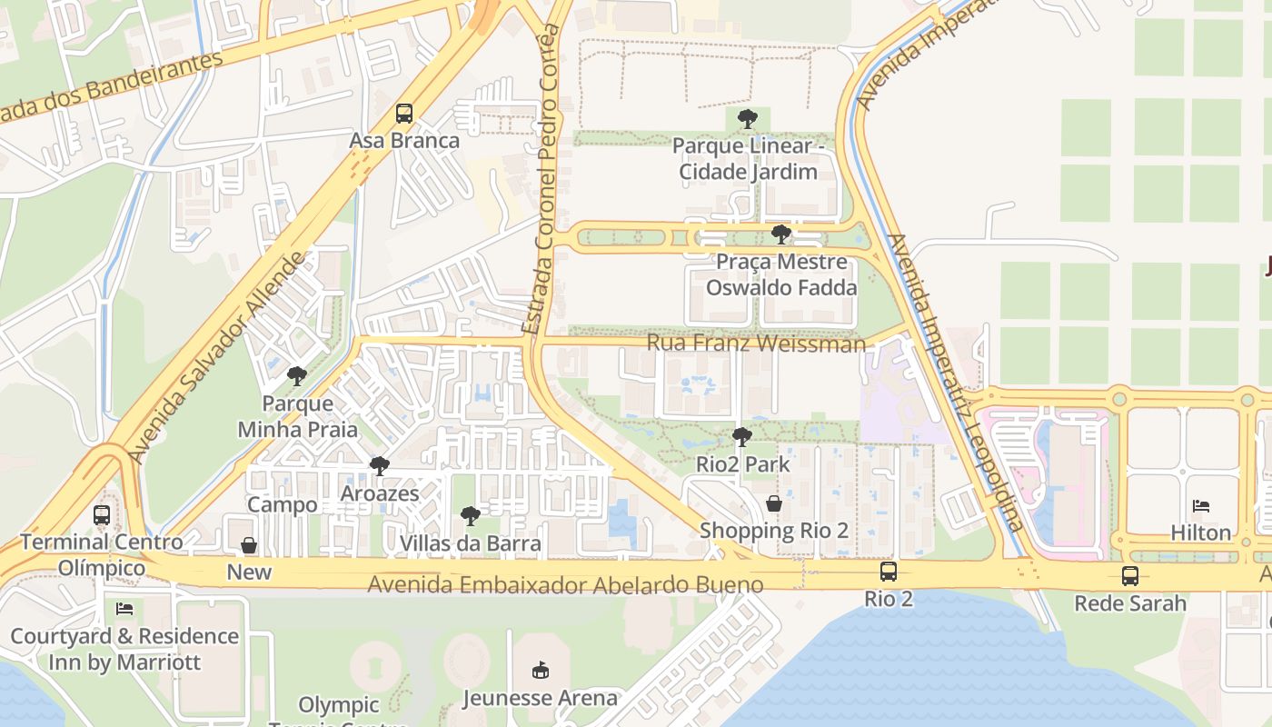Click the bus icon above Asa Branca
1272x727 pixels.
pyautogui.click(x=404, y=114)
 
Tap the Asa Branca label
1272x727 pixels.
pyautogui.click(x=404, y=141)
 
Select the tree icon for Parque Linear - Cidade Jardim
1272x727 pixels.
pyautogui.click(x=748, y=118)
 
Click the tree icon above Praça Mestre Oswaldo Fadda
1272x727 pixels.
pyautogui.click(x=780, y=234)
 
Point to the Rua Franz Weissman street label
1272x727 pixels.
pyautogui.click(x=756, y=344)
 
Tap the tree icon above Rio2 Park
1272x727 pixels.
pyautogui.click(x=742, y=437)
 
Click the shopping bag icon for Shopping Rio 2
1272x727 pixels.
pyautogui.click(x=774, y=503)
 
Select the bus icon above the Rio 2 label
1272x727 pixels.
pyautogui.click(x=889, y=572)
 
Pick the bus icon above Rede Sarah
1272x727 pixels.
pyautogui.click(x=1130, y=575)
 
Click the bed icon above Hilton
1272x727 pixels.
pyautogui.click(x=1201, y=505)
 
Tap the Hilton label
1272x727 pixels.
pyautogui.click(x=1201, y=533)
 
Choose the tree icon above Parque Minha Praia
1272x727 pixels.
pyautogui.click(x=297, y=375)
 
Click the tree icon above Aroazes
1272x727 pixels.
pyautogui.click(x=380, y=466)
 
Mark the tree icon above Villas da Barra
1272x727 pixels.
pyautogui.click(x=471, y=516)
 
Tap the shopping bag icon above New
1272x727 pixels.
pyautogui.click(x=249, y=545)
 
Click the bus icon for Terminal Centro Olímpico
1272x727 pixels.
pyautogui.click(x=102, y=515)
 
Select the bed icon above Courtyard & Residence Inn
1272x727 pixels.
pyautogui.click(x=124, y=609)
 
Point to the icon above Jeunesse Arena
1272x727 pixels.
pyautogui.click(x=541, y=671)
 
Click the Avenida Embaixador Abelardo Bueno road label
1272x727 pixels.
pyautogui.click(x=565, y=584)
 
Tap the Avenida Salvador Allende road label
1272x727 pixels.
pyautogui.click(x=218, y=357)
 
